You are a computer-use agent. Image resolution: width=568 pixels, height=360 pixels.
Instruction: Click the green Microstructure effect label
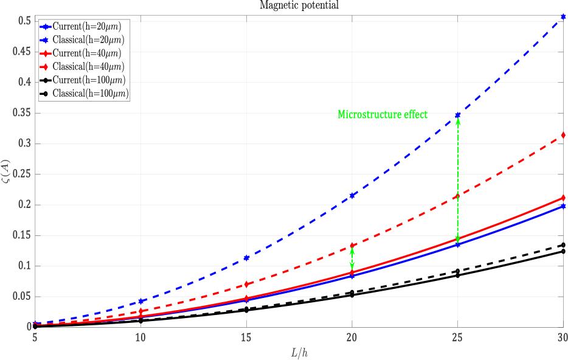[x=383, y=114]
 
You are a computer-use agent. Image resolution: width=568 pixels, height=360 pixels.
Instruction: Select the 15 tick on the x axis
[x=246, y=336]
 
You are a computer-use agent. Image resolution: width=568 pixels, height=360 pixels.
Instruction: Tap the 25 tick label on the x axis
[x=457, y=336]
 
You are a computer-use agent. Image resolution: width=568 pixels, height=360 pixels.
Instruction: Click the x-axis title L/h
[x=299, y=351]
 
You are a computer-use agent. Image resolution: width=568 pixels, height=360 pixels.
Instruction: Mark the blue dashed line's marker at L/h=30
[x=563, y=17]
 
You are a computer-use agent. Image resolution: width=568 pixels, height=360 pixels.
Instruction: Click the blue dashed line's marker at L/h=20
[x=352, y=195]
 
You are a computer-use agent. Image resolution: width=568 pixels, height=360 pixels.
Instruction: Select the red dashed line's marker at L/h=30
[x=563, y=135]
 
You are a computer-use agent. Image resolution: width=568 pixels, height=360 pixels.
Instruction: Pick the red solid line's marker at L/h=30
[x=563, y=198]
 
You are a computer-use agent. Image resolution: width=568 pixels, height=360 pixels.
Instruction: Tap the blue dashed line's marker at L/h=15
[x=246, y=258]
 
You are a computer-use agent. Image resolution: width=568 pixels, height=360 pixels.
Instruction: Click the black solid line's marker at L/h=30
[x=563, y=251]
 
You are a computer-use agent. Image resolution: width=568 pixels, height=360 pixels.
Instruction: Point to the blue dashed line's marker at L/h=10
[x=140, y=301]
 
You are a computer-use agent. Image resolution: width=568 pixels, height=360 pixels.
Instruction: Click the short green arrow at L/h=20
[x=352, y=258]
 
